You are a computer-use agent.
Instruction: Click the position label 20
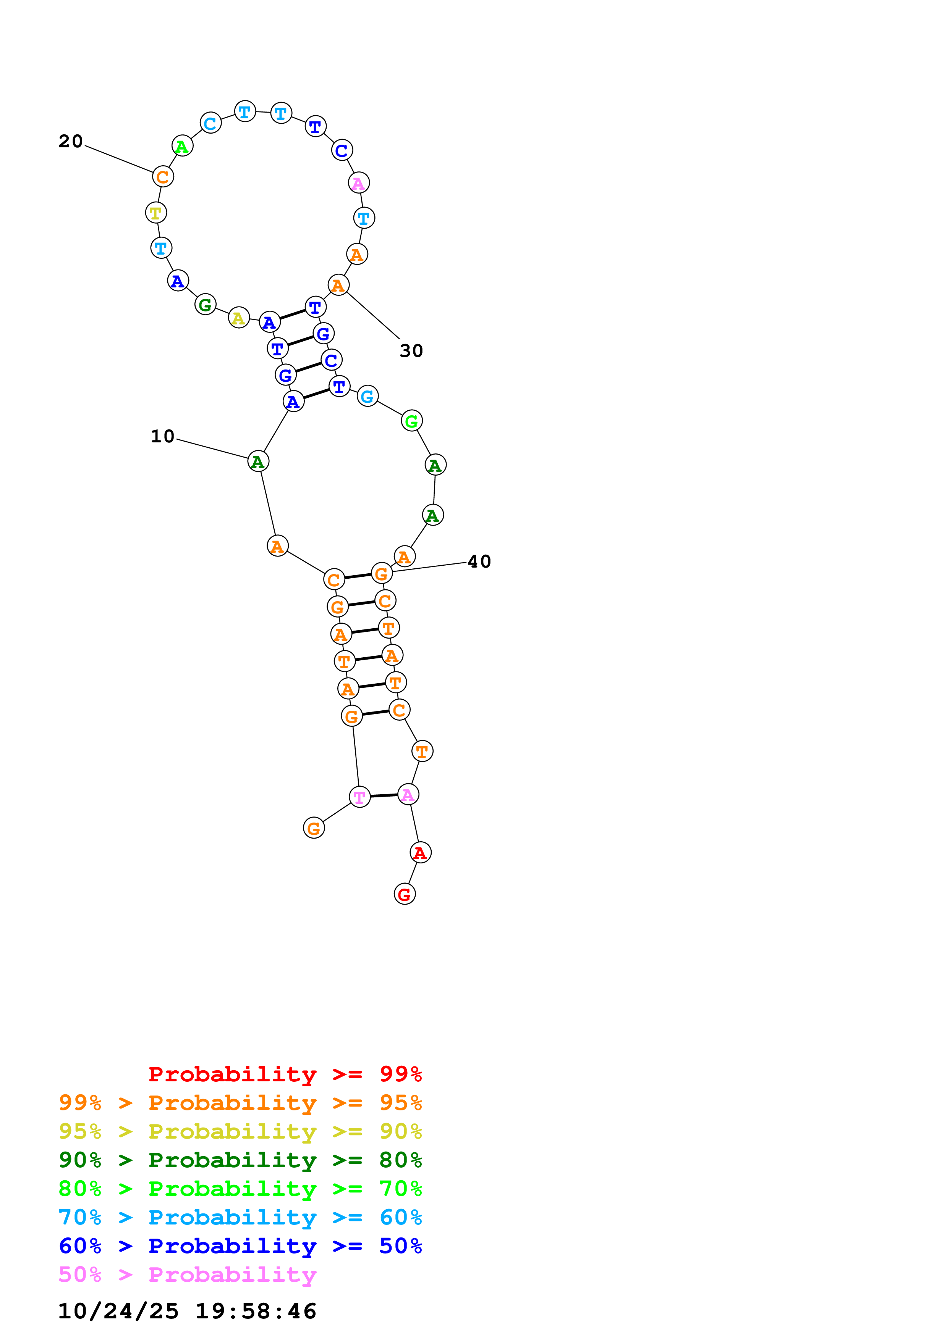tap(71, 141)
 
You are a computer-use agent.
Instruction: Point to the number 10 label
tap(162, 436)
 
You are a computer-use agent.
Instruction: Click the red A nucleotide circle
tap(420, 853)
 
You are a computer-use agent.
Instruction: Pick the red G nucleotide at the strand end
tap(405, 894)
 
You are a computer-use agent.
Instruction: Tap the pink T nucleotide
tap(359, 797)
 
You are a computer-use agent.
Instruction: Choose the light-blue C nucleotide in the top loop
tap(210, 123)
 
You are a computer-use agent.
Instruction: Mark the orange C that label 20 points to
tap(163, 177)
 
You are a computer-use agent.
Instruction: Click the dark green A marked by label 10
tap(257, 462)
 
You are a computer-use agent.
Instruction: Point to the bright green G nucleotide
tap(412, 421)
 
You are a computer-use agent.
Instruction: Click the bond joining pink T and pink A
tap(384, 795)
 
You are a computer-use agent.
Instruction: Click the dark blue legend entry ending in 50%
tap(240, 1246)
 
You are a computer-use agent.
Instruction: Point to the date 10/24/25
tap(118, 1311)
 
